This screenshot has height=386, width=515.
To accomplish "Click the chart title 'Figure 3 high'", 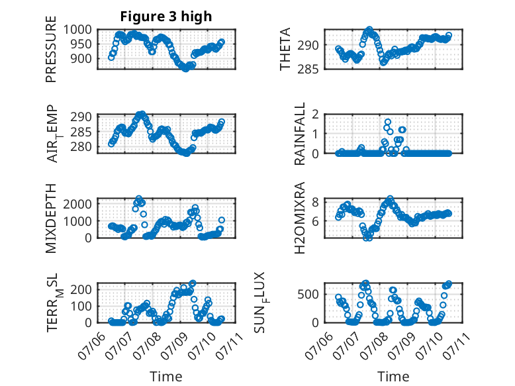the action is coord(166,17).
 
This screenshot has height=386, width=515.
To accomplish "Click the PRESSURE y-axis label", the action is coord(51,49).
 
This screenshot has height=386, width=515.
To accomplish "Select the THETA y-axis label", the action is coord(285,49).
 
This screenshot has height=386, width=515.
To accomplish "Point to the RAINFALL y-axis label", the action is coord(300,134).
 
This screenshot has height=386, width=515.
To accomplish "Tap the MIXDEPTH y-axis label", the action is coord(51,218).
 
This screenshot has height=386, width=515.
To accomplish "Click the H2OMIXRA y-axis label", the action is coord(300,218).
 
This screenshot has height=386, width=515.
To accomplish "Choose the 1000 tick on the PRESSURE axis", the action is coord(78,30).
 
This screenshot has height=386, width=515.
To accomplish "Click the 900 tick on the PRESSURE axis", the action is coord(81,59).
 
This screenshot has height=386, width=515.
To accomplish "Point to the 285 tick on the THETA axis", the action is coord(308,70).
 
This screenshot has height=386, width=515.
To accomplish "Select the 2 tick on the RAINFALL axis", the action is coord(316,115).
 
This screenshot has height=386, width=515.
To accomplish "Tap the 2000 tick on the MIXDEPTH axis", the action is coord(78,204).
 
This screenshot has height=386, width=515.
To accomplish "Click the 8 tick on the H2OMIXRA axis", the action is coord(316,202).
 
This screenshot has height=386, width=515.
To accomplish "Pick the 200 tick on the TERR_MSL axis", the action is coord(81,289).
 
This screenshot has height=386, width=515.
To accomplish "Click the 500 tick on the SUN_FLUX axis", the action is coord(308,295).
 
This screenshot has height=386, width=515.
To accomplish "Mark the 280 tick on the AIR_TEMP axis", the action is coord(81,147).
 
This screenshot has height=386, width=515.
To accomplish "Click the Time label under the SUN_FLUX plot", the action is coord(393,377).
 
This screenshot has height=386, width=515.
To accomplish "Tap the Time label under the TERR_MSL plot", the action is coord(166,377).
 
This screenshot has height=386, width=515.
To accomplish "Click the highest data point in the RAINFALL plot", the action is coord(387,122).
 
